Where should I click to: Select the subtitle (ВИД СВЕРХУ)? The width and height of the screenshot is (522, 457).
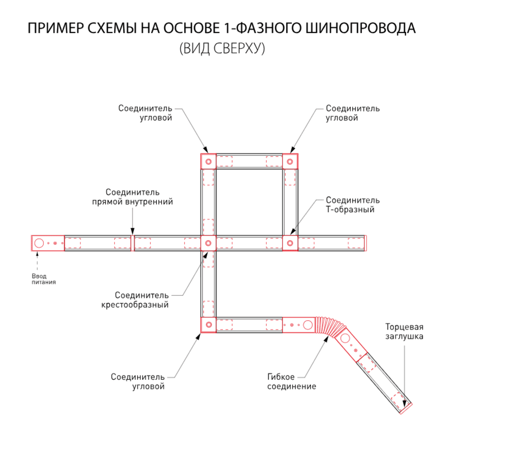(222, 48)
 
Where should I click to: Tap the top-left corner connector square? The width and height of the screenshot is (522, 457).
(208, 161)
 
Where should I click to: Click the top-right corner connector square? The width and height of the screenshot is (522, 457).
(290, 161)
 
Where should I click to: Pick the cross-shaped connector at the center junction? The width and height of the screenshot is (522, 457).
(208, 243)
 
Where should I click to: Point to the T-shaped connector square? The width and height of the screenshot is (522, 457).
(290, 243)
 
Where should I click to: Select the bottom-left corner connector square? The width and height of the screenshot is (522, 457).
(208, 325)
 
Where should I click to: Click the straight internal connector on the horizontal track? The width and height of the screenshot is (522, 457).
(132, 243)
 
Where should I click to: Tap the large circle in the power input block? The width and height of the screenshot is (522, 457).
(39, 243)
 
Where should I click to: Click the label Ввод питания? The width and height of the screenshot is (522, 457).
(43, 279)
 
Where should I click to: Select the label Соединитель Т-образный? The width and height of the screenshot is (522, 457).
(352, 205)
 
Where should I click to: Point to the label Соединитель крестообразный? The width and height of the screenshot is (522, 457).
(135, 300)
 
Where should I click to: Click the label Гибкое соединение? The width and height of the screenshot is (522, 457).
(291, 381)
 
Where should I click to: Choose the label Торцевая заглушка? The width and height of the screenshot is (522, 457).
(404, 331)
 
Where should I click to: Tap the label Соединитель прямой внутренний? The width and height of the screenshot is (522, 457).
(133, 197)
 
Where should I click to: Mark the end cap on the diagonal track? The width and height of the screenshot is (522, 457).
(406, 409)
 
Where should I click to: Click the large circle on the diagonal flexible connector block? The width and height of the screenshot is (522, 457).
(345, 338)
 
